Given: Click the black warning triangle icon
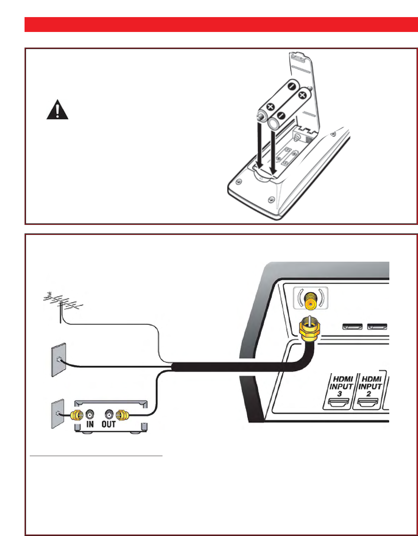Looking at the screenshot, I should tap(57, 110).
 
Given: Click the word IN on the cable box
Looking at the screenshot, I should tap(90, 424).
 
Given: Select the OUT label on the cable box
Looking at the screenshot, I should tap(109, 424).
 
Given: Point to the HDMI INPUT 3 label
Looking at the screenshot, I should tap(341, 386).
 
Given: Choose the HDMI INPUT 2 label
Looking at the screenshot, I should tap(370, 386).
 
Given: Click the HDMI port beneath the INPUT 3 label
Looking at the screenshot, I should tap(338, 402).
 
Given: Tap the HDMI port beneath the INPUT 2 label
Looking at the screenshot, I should tap(368, 402).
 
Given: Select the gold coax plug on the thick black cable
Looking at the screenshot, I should tap(308, 330).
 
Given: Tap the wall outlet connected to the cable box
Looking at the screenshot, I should tap(57, 413).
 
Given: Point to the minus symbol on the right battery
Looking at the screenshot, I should tap(280, 116).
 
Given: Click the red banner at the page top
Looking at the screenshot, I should tap(221, 25).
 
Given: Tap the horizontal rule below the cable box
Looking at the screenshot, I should tap(96, 455).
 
